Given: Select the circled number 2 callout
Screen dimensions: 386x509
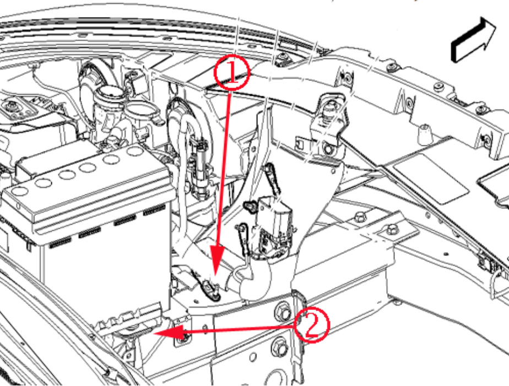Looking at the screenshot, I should click(311, 324).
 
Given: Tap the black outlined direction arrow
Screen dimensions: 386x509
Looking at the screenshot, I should click(473, 39).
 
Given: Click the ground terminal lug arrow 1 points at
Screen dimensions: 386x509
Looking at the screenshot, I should click(209, 285).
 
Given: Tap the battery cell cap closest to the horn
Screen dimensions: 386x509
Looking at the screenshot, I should click(134, 151).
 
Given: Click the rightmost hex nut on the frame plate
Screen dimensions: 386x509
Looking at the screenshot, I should click(394, 227).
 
